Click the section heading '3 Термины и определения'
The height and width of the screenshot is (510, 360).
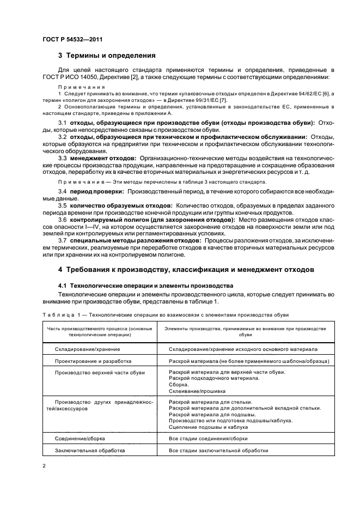107,55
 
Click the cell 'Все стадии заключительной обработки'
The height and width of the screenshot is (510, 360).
218,451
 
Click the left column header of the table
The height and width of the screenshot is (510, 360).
99,332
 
